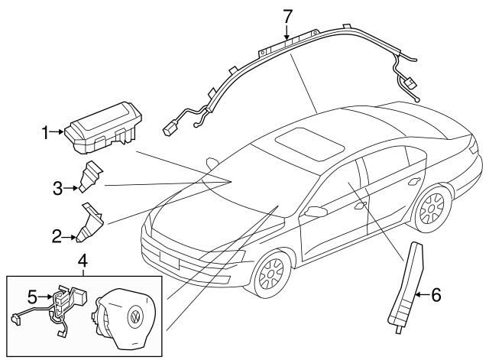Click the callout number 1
[44, 132]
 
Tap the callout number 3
[57, 187]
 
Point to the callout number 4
[83, 261]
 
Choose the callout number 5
[32, 294]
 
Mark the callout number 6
[436, 294]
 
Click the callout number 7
[287, 15]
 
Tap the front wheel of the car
[270, 274]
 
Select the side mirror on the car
[315, 210]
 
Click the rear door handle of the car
[414, 181]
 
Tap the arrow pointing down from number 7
[287, 32]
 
